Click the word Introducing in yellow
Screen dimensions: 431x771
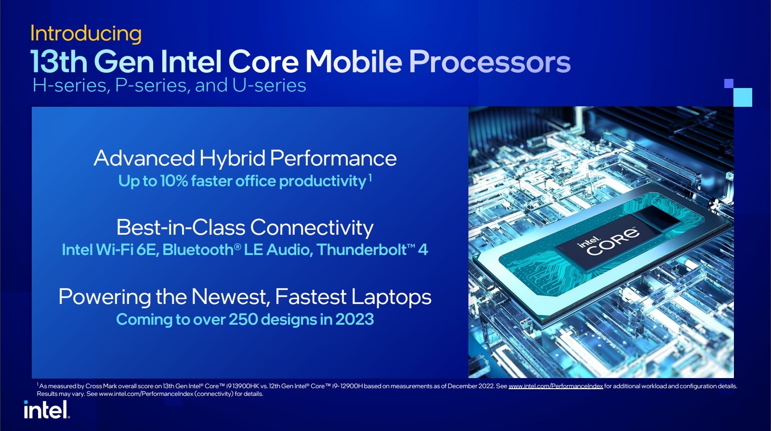coord(86,34)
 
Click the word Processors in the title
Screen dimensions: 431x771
coord(490,62)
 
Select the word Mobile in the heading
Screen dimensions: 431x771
coord(354,62)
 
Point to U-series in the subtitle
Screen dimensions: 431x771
coord(269,86)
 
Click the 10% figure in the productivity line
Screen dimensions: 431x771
coord(173,181)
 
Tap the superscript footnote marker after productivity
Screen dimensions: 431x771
coord(370,178)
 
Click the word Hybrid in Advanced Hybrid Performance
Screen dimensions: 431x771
coord(232,158)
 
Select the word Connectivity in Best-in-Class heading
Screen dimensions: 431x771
coord(312,228)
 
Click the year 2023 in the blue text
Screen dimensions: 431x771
coord(354,319)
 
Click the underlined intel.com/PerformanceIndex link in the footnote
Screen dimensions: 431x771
coord(556,386)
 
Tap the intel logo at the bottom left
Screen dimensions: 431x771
coord(47,410)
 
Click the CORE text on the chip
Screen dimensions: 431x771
coord(613,242)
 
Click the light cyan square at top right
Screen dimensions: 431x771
coord(742,97)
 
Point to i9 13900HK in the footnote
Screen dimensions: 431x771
coord(240,386)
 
